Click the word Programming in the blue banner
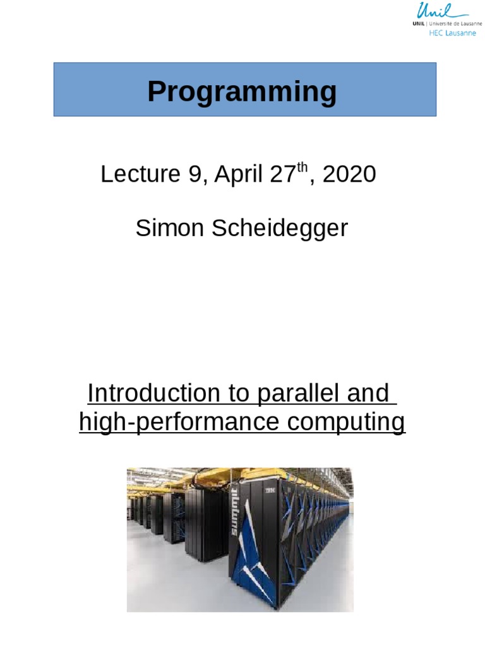tap(242, 92)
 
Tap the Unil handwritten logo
tap(442, 11)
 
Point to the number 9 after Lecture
tap(194, 174)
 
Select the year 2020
tap(349, 174)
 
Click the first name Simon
tap(170, 228)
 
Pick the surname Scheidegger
tap(280, 228)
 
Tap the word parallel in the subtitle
tap(294, 393)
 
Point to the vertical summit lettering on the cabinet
tap(234, 512)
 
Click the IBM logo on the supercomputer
tap(270, 490)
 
